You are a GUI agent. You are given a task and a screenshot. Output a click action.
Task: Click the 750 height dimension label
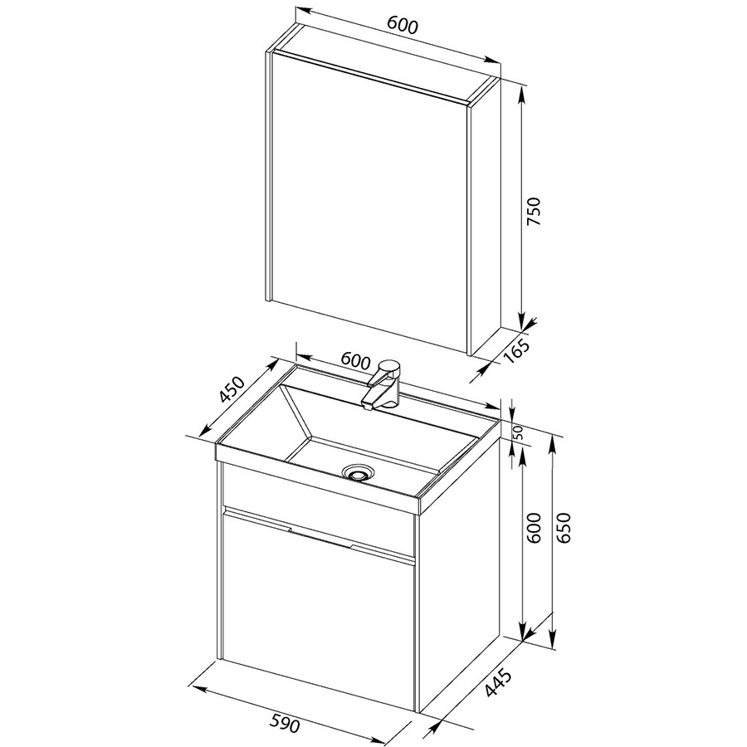pos(535,211)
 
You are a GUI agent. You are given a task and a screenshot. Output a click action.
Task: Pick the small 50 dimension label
pos(518,432)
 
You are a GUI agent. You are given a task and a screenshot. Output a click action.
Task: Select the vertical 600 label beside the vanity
pos(535,528)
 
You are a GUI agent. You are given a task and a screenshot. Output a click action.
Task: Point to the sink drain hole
pos(359,472)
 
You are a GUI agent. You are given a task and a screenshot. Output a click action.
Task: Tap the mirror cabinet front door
pos(370,201)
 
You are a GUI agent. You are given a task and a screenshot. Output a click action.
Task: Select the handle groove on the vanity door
pos(320,533)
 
